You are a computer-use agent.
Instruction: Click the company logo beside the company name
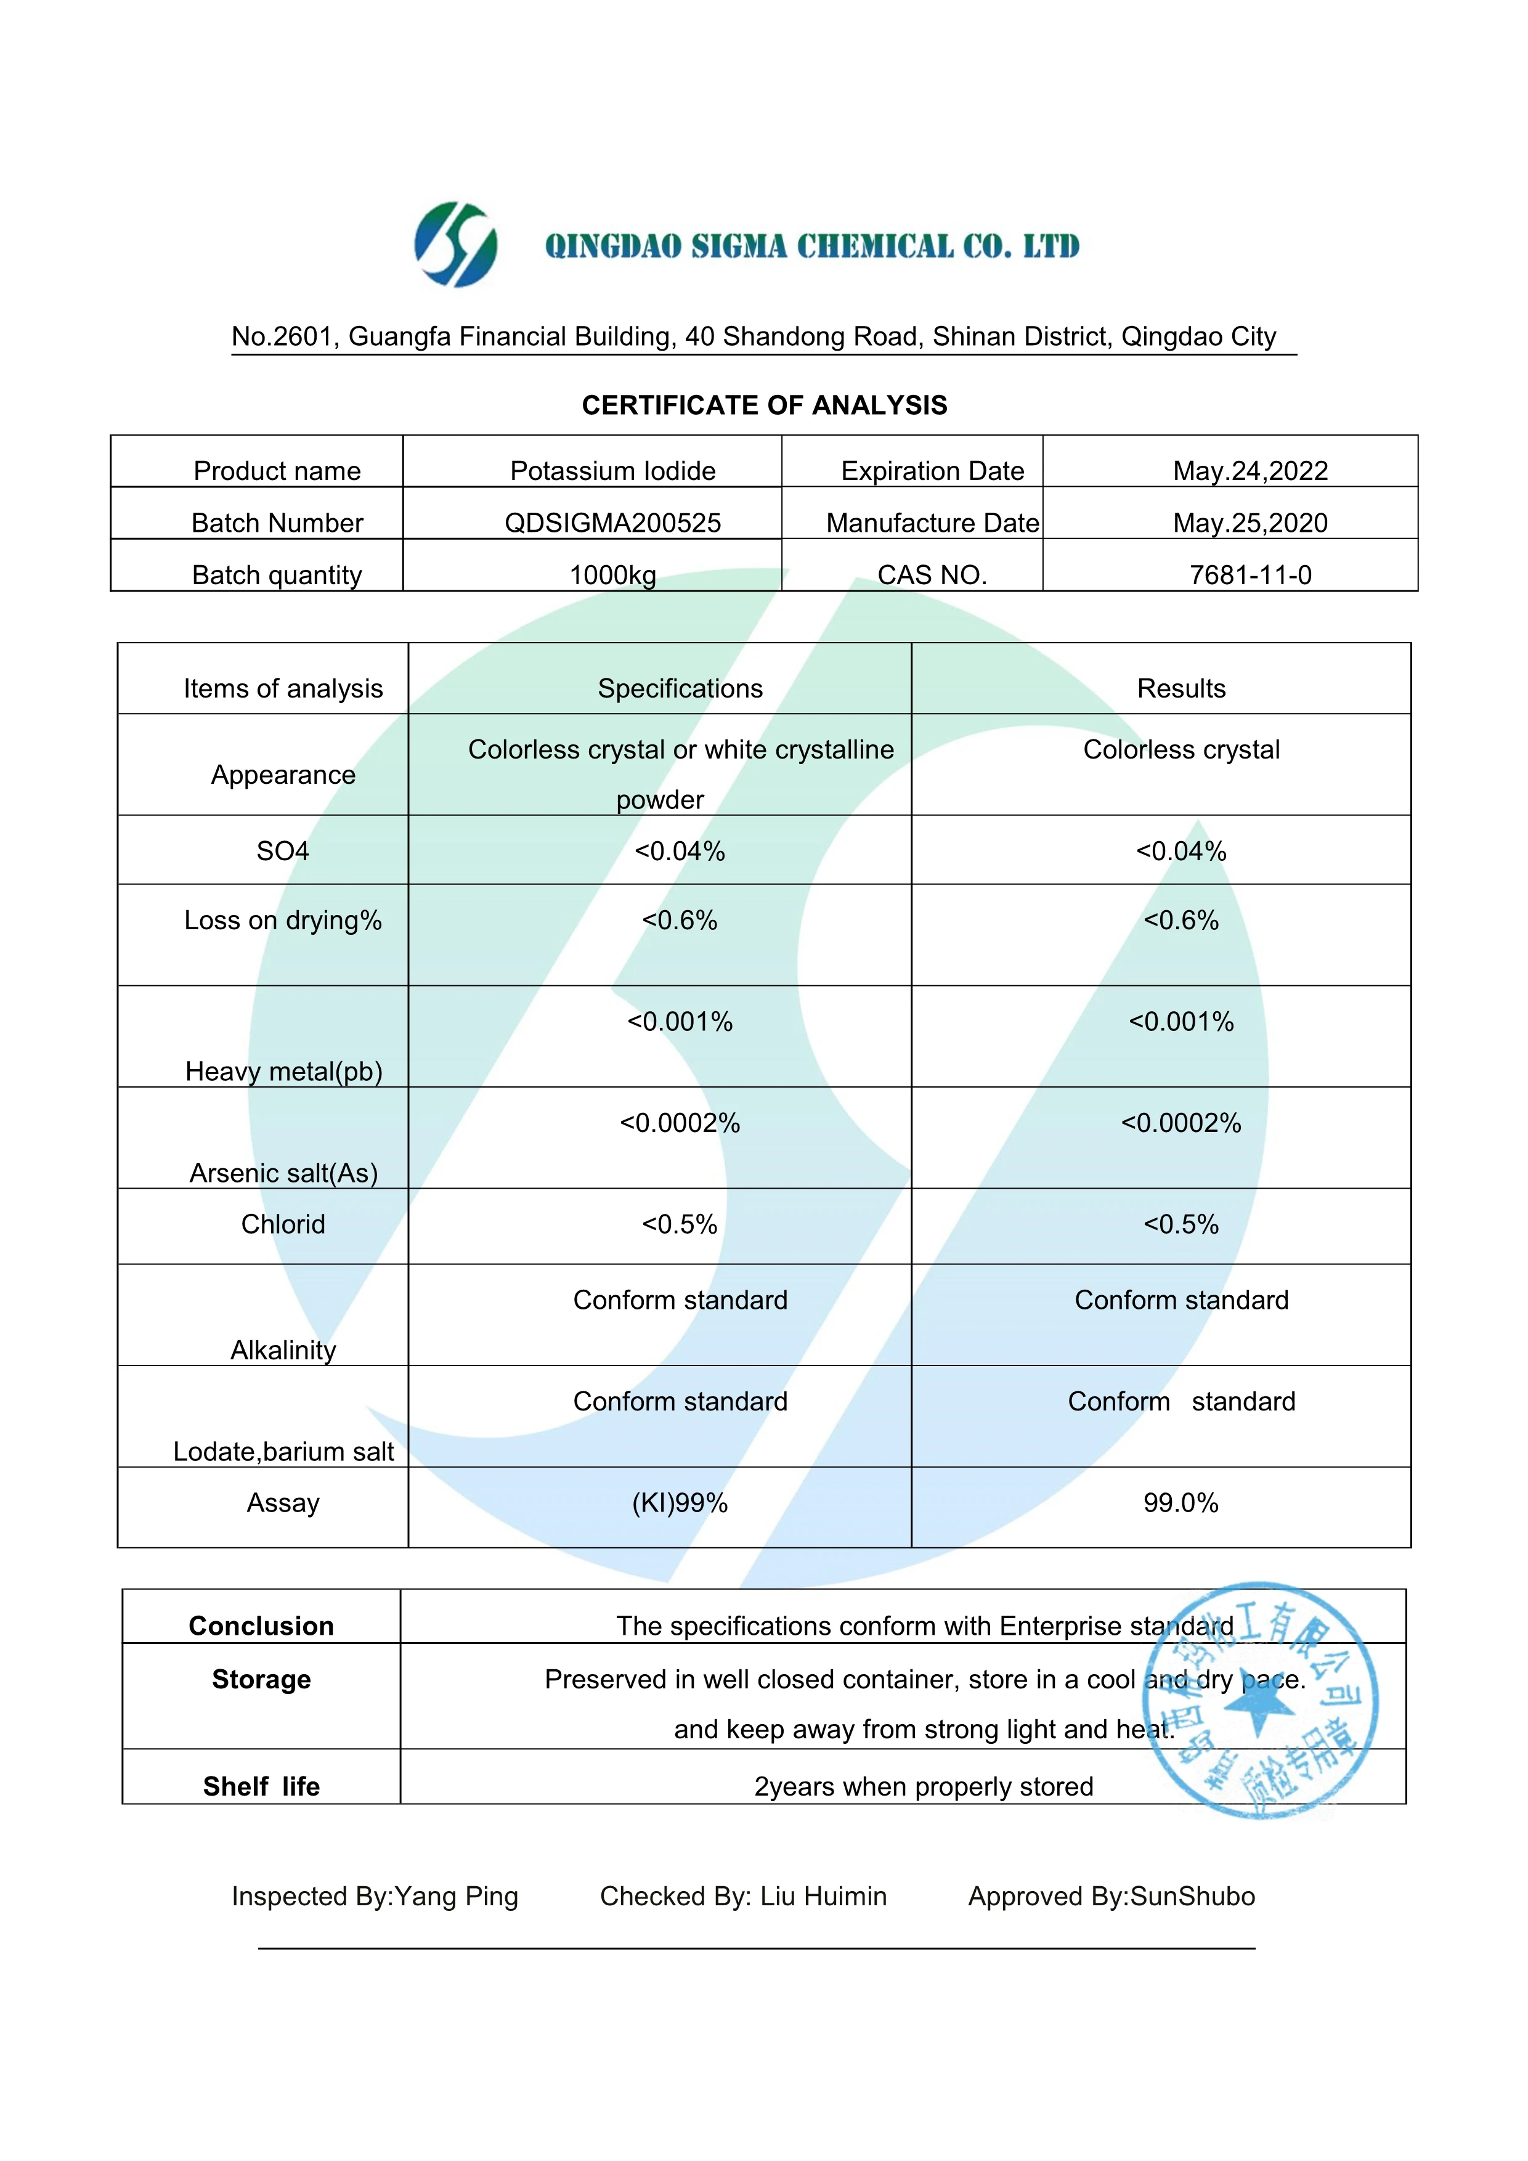pos(457,244)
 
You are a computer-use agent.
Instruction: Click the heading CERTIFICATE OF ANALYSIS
pos(764,405)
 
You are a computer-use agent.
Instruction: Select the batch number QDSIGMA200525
pos(612,523)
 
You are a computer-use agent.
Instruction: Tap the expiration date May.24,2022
pos(1250,471)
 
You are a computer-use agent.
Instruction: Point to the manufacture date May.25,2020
pos(1250,523)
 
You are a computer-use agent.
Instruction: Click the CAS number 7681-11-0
pos(1250,575)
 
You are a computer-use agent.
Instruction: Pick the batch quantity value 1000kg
pos(612,575)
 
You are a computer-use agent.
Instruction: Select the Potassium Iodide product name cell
pos(612,471)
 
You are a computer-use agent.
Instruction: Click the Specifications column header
pos(680,689)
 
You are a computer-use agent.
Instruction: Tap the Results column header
pos(1181,689)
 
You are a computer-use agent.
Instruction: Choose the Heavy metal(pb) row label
pos(283,1072)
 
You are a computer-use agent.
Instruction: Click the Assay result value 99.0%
pos(1181,1503)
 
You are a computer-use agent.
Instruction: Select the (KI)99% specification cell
pos(680,1503)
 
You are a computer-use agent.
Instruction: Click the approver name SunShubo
pos(1192,1897)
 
